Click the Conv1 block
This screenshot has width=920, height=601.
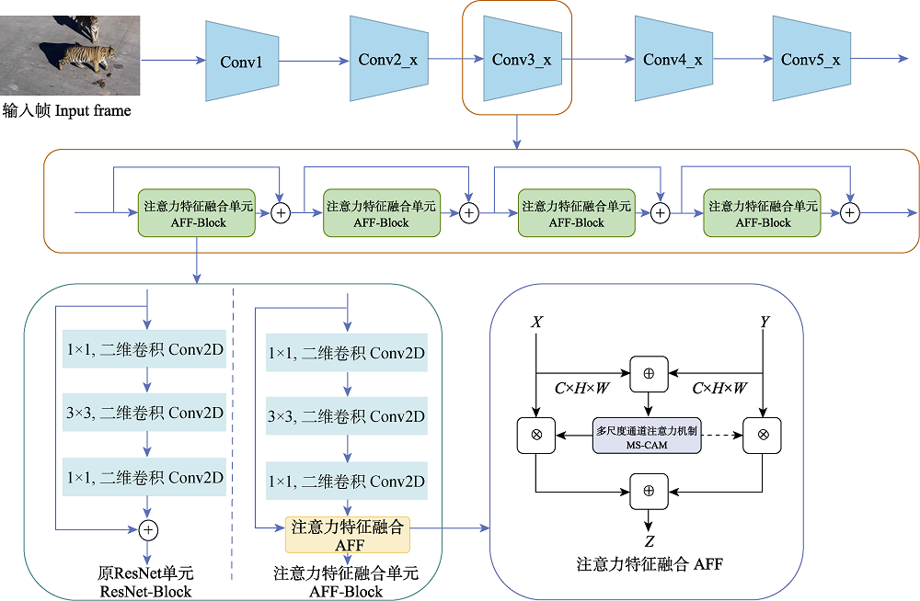tap(242, 62)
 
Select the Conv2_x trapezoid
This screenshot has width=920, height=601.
tap(386, 60)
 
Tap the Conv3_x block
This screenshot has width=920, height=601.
tap(521, 60)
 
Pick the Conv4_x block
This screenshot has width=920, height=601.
tap(672, 60)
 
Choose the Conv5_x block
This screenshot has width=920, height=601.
tap(810, 60)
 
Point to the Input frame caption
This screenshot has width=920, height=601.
tap(66, 111)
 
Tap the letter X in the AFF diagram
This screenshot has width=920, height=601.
tap(535, 323)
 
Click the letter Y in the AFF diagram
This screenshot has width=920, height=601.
tap(764, 323)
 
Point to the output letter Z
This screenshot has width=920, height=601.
tap(648, 541)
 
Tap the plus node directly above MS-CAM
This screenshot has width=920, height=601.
tap(648, 374)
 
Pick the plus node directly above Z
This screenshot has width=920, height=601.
tap(648, 491)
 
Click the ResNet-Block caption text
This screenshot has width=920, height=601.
tap(146, 583)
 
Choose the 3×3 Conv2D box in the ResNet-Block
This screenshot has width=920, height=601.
tap(144, 413)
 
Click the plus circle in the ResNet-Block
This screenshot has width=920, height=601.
tap(148, 529)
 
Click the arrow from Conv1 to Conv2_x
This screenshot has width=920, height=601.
tap(314, 62)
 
